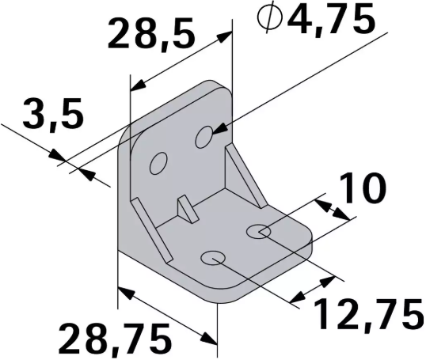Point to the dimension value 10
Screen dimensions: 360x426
point(363,189)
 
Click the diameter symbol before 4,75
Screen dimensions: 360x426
point(272,20)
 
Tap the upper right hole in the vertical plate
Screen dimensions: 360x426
point(204,136)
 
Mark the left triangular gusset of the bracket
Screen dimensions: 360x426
point(150,230)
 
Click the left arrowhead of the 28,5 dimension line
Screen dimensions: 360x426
point(135,85)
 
